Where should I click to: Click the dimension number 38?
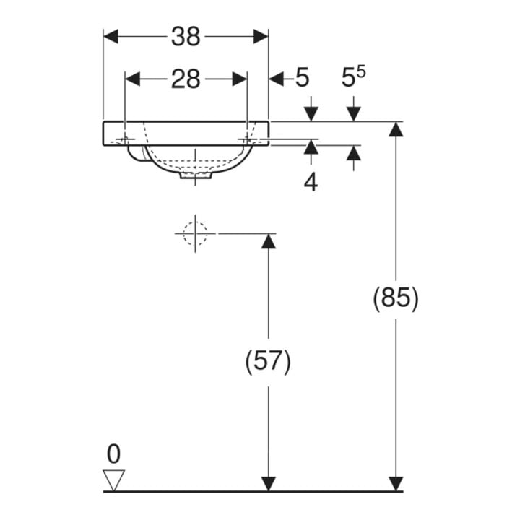186,37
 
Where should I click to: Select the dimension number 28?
186,79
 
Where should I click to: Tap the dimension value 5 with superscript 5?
353,77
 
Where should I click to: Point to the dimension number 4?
311,182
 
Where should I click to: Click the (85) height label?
396,298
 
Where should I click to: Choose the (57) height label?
268,361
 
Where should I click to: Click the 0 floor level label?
113,454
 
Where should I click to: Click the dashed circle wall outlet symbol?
195,233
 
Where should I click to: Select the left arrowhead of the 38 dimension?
110,37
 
